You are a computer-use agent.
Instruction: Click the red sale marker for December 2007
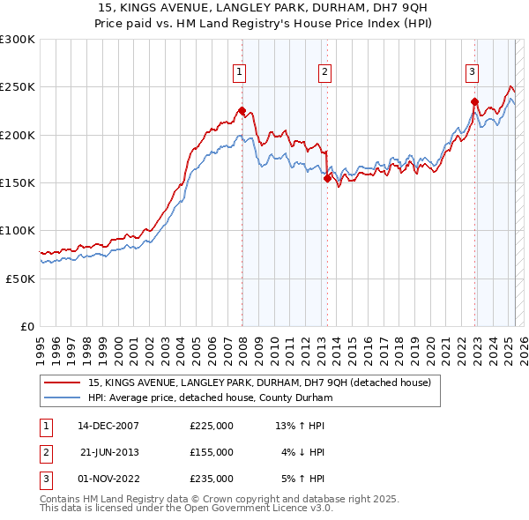pos(242,110)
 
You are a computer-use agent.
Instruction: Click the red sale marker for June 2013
pos(327,178)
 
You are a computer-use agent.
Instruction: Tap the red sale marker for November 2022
pos(474,101)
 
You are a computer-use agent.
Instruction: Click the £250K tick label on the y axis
pos(18,87)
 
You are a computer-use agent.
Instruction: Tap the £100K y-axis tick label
pos(18,230)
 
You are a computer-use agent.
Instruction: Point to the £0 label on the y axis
pos(26,326)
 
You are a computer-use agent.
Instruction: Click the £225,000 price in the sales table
pos(212,426)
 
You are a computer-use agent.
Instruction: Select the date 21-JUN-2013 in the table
pos(110,452)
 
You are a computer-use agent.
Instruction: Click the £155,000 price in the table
pos(212,452)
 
